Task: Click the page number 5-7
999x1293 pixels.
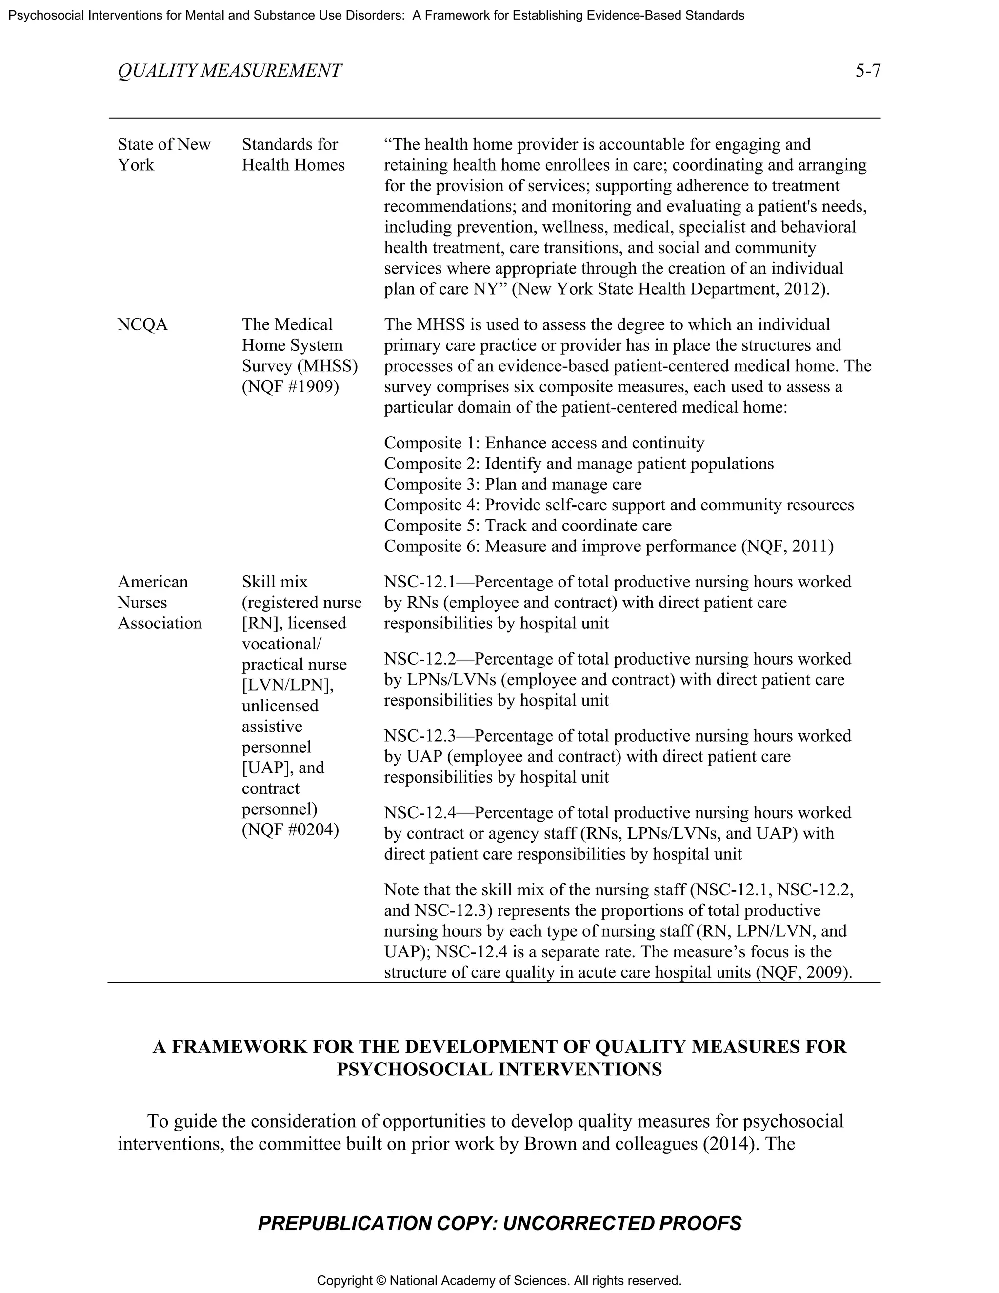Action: [868, 71]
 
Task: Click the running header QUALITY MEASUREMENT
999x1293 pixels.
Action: [230, 71]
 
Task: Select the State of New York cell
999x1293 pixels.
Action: [164, 155]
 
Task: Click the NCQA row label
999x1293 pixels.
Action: [142, 324]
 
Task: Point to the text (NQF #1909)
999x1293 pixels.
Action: [290, 386]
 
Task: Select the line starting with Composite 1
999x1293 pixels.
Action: [544, 443]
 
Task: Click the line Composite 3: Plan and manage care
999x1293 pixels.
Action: [513, 485]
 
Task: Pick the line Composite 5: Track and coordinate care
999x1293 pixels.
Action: [528, 525]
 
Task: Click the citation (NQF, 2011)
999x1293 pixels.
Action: [787, 546]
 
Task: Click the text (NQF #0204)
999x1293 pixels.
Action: [290, 829]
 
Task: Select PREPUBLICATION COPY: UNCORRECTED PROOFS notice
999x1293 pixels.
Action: [499, 1223]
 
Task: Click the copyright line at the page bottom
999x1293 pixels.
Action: [499, 1281]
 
